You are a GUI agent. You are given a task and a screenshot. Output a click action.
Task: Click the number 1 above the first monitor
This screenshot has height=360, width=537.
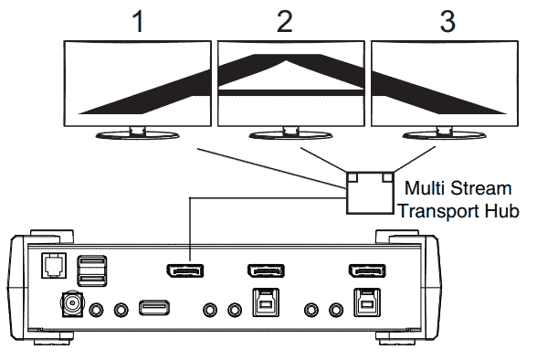138,22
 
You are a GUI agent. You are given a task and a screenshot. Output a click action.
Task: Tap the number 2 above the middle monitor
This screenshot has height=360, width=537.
285,22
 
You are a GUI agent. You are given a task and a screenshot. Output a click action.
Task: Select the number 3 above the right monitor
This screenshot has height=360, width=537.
447,22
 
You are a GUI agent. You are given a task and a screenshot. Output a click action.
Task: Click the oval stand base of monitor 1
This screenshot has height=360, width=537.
137,135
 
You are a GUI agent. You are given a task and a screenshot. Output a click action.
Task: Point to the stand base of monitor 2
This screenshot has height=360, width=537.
290,135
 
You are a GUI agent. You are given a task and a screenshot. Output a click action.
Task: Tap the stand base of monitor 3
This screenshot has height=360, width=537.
444,135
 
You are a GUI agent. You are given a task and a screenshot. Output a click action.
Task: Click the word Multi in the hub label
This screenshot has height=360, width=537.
425,188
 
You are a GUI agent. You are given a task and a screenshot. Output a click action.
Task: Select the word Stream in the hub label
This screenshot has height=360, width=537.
480,188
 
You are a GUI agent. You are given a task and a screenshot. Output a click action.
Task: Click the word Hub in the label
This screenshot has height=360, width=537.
502,210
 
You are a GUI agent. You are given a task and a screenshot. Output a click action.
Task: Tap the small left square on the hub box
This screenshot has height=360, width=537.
353,177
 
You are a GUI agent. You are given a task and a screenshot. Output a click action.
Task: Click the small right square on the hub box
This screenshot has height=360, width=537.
387,177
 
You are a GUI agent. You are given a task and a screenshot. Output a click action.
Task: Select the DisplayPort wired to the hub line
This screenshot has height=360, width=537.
184,270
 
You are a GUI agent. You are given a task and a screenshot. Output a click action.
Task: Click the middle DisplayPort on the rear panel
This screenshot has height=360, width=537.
266,270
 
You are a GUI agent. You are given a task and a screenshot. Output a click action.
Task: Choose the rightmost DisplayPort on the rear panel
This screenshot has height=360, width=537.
367,270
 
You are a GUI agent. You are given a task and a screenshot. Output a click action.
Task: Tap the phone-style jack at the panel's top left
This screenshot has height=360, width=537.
54,266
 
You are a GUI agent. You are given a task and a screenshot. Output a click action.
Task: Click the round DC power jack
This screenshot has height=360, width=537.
72,303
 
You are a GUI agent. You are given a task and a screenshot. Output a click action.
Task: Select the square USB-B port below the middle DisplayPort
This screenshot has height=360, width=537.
266,302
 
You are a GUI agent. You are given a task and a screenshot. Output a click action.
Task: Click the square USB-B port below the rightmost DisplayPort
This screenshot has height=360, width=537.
367,302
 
